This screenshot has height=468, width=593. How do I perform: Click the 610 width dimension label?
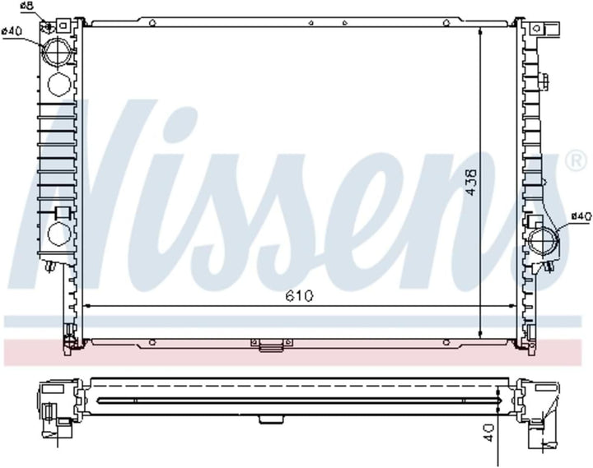coord(300,296)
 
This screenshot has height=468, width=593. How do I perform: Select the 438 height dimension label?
coord(471,183)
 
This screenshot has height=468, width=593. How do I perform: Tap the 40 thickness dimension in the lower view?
coord(488,433)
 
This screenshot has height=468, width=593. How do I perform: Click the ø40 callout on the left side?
coord(12,31)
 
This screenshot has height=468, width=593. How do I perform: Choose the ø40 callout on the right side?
coord(581,216)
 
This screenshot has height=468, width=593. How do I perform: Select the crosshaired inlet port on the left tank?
coord(57,52)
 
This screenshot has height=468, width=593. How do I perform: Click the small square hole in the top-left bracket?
coord(63,25)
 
